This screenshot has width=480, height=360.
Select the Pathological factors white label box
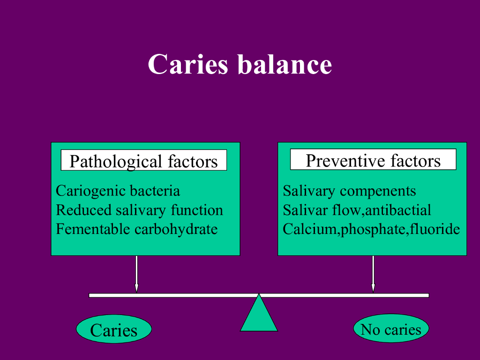click(x=144, y=160)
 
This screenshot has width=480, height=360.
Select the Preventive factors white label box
click(x=373, y=159)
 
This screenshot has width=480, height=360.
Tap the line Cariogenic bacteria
click(x=118, y=191)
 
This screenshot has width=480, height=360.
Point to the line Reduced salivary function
click(x=139, y=210)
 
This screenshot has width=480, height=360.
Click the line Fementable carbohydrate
click(x=136, y=229)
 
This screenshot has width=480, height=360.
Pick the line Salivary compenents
click(x=349, y=191)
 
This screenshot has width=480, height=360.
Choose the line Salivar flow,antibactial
click(x=357, y=210)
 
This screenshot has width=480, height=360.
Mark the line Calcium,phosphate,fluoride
click(x=371, y=229)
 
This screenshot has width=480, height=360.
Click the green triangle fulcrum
click(x=259, y=313)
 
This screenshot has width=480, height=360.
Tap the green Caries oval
click(x=114, y=329)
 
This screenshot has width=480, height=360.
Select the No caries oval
click(x=391, y=329)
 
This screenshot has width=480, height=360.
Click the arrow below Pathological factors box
click(x=136, y=274)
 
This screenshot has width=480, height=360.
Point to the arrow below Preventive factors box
click(x=373, y=274)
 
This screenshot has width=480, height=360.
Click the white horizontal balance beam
click(x=259, y=295)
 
